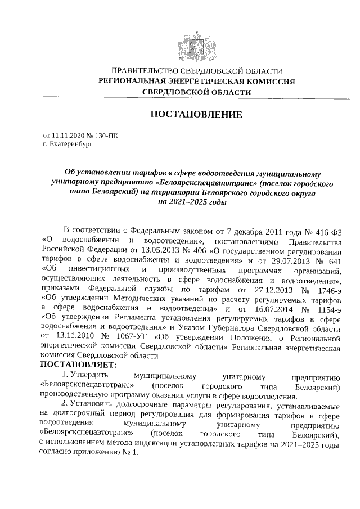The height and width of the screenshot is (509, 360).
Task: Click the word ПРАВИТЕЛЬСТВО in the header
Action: click(143, 71)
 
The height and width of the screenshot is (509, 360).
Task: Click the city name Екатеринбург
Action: click(69, 144)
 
